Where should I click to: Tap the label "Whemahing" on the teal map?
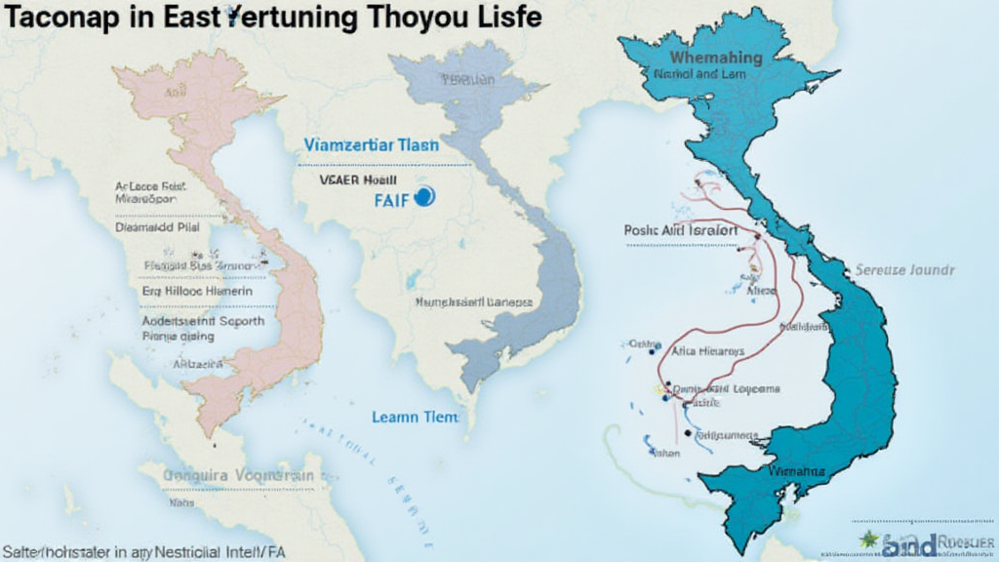point(696,58)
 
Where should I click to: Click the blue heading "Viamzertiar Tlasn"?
point(371,144)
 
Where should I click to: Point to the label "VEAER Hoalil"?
point(357,180)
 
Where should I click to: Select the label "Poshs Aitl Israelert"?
point(680,230)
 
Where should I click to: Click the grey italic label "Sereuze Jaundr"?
point(904,269)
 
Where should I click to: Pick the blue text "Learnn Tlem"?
point(415,417)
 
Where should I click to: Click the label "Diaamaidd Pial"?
point(157,226)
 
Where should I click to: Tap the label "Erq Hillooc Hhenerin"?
point(196,291)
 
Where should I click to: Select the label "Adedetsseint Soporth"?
point(203,320)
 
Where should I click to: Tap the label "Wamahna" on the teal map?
point(796,471)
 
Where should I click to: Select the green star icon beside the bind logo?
point(868,540)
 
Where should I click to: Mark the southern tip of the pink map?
point(207,430)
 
